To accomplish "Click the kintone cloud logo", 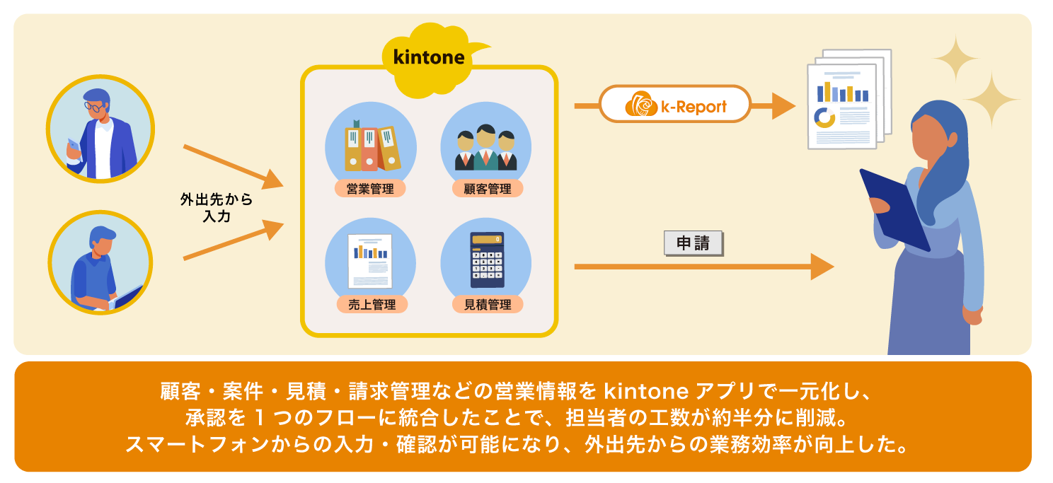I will (429, 59).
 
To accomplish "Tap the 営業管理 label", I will (371, 189).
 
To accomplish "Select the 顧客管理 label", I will (487, 189).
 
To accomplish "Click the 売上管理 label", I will (371, 305).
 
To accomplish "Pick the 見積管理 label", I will (487, 305).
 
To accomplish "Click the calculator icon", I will (487, 260).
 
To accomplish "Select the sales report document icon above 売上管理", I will (370, 260).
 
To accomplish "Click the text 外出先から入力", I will (216, 208).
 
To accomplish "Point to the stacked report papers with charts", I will (846, 99).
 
